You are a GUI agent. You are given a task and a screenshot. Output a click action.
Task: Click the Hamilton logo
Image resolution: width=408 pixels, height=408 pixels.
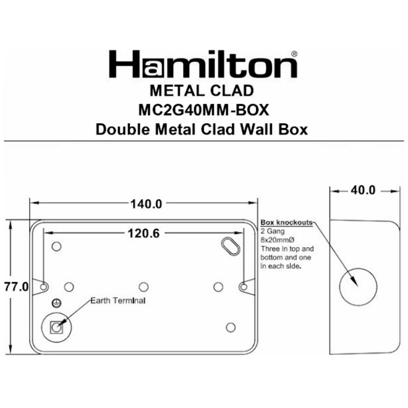[203, 65]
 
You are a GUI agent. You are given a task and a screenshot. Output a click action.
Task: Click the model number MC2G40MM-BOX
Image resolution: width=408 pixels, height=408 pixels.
[204, 110]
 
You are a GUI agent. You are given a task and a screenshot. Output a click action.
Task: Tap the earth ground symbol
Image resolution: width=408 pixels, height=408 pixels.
[56, 303]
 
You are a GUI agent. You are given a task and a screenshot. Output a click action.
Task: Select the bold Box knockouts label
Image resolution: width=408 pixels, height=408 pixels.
[286, 223]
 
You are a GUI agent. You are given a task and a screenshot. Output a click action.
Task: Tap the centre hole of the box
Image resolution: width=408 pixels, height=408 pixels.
[143, 287]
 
